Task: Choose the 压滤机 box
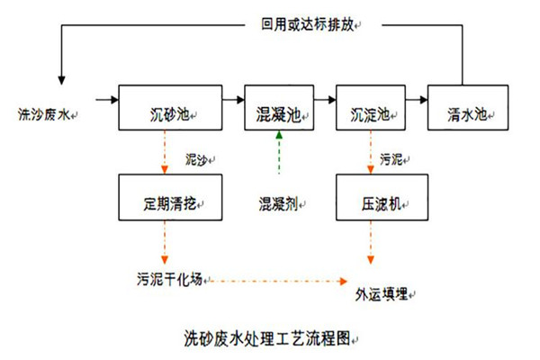click(x=370, y=197)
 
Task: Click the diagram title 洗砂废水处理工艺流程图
click(x=266, y=339)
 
